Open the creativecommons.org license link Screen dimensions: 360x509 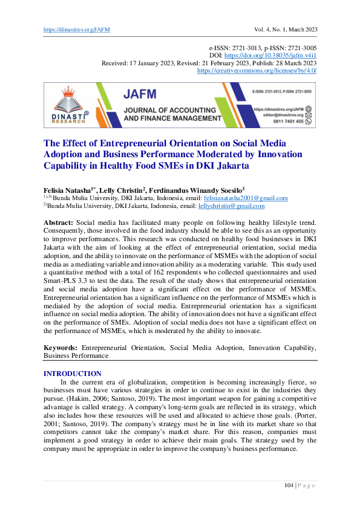258,70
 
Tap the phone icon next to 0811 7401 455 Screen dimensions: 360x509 309,121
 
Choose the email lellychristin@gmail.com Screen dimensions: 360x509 231,206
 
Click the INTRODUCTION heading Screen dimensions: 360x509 73,374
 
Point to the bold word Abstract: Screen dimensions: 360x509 59,223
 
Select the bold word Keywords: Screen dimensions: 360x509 61,348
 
